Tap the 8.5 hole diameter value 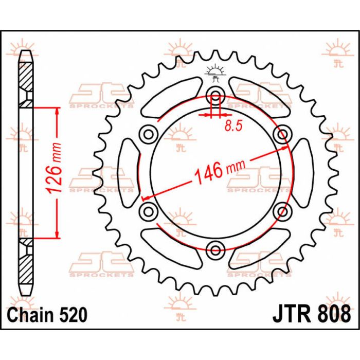click(233, 126)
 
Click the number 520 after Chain click(74, 315)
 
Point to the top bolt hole click(215, 95)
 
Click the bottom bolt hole click(215, 250)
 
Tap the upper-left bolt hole click(148, 134)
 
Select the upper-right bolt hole click(282, 134)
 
